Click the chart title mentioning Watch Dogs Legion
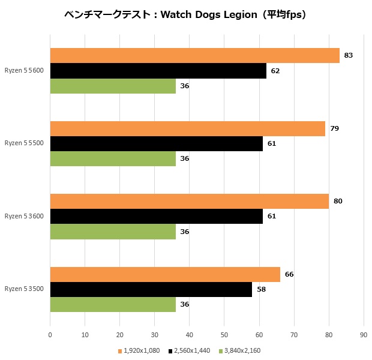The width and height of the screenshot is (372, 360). [x=185, y=15]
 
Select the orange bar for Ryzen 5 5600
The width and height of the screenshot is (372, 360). [x=194, y=55]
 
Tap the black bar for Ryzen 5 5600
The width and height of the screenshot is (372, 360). [x=158, y=71]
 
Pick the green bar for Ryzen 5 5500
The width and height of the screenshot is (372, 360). [x=113, y=159]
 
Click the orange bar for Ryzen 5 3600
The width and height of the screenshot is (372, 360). [x=189, y=201]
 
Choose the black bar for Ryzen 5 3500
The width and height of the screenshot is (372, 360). [x=151, y=289]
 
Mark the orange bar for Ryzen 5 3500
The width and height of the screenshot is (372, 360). [x=165, y=274]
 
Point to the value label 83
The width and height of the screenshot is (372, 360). [x=349, y=56]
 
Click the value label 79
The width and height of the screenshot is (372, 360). [x=334, y=128]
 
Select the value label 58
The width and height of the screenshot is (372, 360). [x=261, y=289]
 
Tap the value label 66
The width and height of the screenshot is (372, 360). [x=289, y=274]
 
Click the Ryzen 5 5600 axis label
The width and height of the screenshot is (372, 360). [x=24, y=71]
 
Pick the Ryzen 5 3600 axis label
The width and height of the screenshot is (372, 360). [x=24, y=216]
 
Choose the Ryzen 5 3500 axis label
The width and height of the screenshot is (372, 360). [x=24, y=289]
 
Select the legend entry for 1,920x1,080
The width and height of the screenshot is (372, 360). [x=139, y=350]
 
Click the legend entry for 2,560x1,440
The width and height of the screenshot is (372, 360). [x=190, y=350]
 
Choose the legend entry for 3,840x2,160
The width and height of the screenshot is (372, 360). [x=240, y=350]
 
